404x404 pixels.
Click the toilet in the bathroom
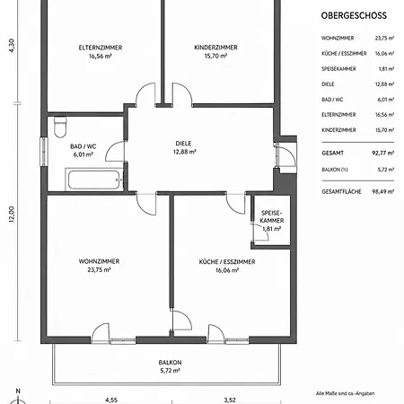(60, 127)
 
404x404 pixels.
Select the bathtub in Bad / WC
(94, 180)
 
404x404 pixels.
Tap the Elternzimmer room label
(101, 48)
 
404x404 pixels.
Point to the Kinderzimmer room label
(215, 48)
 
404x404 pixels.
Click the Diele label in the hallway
(183, 144)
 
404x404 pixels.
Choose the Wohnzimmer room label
(99, 261)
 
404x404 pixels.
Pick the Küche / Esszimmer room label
(227, 262)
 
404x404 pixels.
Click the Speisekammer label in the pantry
(272, 216)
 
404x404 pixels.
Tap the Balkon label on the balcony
(170, 363)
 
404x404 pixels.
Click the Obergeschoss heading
(354, 15)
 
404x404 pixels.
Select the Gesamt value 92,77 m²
(382, 153)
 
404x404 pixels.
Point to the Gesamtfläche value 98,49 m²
(382, 191)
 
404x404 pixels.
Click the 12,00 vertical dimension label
(12, 215)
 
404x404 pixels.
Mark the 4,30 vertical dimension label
(12, 46)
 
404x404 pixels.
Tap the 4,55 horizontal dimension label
(111, 400)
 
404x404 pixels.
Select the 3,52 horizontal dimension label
(230, 400)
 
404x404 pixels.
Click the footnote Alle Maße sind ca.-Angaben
(345, 393)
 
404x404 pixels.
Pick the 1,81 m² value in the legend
(386, 69)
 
